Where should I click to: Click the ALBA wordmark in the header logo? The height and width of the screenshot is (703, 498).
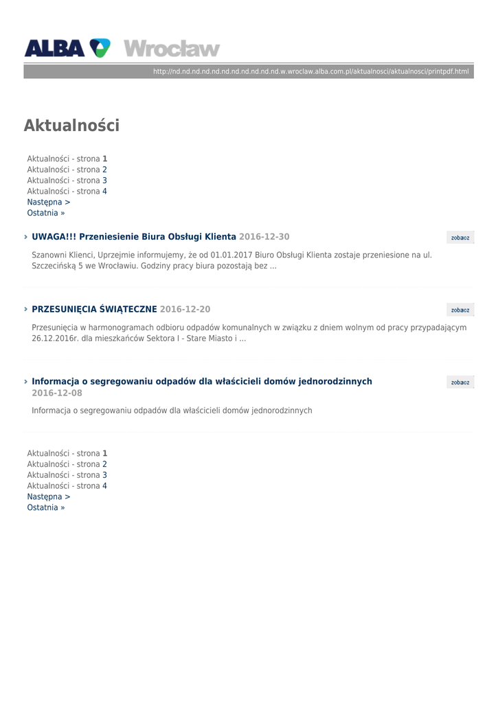(x=54, y=48)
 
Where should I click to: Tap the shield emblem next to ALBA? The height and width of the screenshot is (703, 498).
(x=100, y=48)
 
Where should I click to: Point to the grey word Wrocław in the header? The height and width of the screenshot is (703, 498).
(x=172, y=49)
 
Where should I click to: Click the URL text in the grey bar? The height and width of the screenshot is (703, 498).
(x=310, y=71)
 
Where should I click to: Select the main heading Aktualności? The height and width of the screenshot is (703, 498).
(x=71, y=126)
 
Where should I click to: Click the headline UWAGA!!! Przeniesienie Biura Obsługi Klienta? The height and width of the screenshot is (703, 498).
(x=134, y=237)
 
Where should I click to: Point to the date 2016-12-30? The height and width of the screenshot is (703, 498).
(x=264, y=237)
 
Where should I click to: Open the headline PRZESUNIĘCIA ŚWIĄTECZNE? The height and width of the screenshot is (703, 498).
(x=95, y=310)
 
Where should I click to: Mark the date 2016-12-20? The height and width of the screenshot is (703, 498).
(x=185, y=310)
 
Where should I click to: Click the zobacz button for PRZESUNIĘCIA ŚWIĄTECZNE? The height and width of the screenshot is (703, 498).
(x=460, y=310)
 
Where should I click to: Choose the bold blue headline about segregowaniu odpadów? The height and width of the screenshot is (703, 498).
(x=202, y=382)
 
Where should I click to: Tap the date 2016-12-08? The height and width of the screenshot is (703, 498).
(x=57, y=393)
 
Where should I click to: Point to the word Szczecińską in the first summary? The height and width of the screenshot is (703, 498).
(x=54, y=266)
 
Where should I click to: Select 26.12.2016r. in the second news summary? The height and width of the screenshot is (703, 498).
(x=55, y=338)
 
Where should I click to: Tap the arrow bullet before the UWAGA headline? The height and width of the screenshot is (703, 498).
(x=25, y=237)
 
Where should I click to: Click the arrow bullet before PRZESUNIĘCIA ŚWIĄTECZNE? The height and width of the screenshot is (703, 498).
(x=25, y=310)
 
